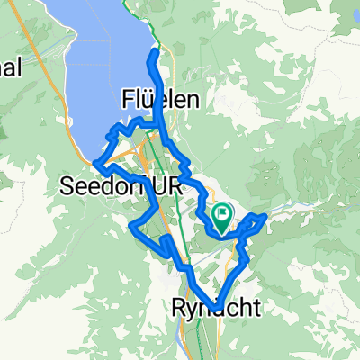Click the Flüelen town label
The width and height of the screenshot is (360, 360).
[161, 97]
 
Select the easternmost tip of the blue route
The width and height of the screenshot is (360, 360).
[265, 216]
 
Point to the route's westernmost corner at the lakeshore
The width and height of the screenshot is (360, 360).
[94, 162]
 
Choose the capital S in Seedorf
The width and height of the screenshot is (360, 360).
[66, 185]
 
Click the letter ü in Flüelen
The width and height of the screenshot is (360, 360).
[149, 97]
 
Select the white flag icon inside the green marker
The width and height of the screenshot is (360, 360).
[222, 213]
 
